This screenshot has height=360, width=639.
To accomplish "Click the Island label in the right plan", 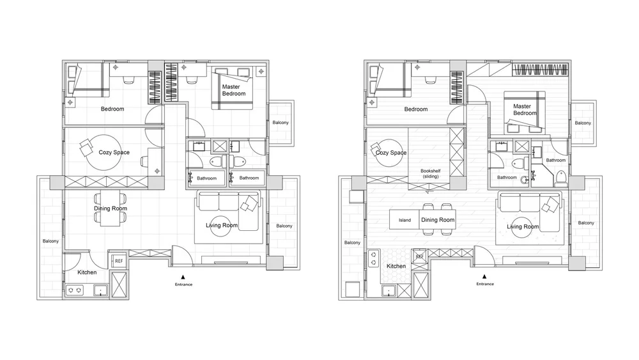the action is pyautogui.click(x=404, y=220).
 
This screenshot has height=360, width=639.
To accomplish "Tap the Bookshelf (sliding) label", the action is pyautogui.click(x=431, y=174).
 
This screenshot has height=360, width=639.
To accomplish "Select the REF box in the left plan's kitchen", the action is pyautogui.click(x=119, y=261).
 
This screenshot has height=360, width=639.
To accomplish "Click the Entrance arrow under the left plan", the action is pyautogui.click(x=183, y=276).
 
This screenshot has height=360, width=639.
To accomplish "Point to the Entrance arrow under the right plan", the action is pyautogui.click(x=484, y=276).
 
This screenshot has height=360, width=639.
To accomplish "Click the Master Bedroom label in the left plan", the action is pyautogui.click(x=234, y=90).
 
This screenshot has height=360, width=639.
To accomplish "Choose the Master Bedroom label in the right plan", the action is pyautogui.click(x=525, y=110).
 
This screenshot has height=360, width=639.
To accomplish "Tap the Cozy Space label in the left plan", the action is pyautogui.click(x=114, y=152).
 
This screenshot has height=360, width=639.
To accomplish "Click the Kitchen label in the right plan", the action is pyautogui.click(x=396, y=266).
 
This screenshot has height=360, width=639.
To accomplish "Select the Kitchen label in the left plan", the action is pyautogui.click(x=87, y=272).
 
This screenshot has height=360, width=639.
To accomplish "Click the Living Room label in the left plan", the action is pyautogui.click(x=222, y=225).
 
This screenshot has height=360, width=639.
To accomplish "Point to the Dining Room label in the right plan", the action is pyautogui.click(x=438, y=220).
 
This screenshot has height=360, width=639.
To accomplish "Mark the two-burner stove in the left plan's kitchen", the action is pyautogui.click(x=75, y=290).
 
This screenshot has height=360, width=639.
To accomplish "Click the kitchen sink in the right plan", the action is pyautogui.click(x=389, y=291).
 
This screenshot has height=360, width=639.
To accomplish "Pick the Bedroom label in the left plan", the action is pyautogui.click(x=112, y=109).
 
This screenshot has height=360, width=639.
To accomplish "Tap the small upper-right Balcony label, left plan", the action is pyautogui.click(x=281, y=122).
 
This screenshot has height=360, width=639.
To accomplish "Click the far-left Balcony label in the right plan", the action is pyautogui.click(x=352, y=242).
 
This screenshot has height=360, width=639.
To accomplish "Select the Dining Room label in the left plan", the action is pyautogui.click(x=111, y=208).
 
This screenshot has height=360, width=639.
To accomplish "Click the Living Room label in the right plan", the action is pyautogui.click(x=523, y=227).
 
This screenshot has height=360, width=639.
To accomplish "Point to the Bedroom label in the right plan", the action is pyautogui.click(x=416, y=109).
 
